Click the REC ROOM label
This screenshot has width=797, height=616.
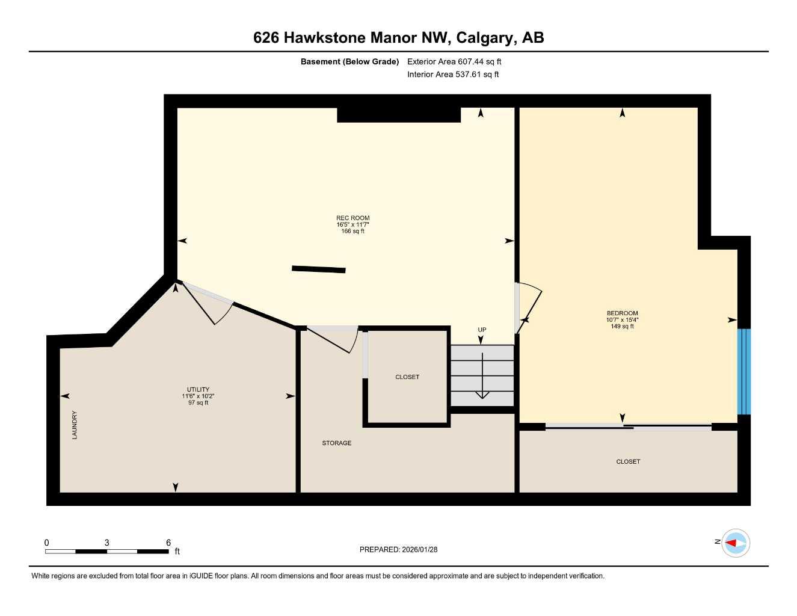[x=352, y=218]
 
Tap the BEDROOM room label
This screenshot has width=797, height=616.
[x=622, y=313]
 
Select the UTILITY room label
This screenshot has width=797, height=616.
[x=198, y=389]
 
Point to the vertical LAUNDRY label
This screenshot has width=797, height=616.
[x=75, y=425]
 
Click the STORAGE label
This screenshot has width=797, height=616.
[x=336, y=443]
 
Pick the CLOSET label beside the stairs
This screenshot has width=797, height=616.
[x=407, y=377]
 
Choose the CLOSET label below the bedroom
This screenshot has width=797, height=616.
[x=628, y=461]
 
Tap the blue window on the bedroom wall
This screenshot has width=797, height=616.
[x=744, y=371]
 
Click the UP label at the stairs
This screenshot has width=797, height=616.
[x=482, y=330]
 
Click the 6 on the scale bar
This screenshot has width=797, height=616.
[x=168, y=542]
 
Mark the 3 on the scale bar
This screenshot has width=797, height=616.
[x=107, y=542]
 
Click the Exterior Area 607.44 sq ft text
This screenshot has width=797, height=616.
[x=454, y=61]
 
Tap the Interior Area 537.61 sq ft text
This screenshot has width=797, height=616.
[x=453, y=75]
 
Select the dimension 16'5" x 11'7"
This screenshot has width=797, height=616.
[x=352, y=224]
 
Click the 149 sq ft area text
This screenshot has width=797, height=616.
[x=622, y=326]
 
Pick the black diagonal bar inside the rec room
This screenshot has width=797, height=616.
[x=318, y=269]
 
